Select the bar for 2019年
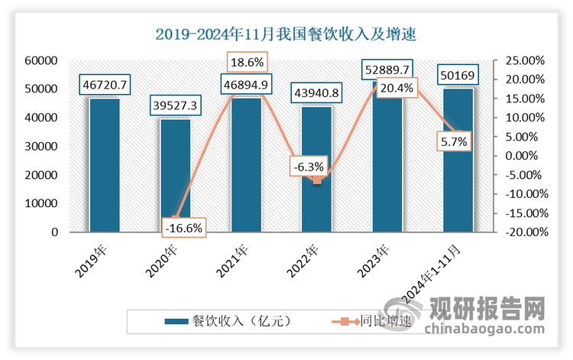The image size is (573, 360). (x=104, y=164)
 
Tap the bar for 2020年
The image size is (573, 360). (x=175, y=175)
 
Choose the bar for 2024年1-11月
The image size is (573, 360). (x=458, y=160)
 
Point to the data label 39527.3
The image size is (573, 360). (x=175, y=103)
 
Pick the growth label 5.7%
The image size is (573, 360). (x=452, y=141)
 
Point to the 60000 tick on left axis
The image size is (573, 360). (x=43, y=60)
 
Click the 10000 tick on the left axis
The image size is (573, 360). (x=43, y=203)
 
